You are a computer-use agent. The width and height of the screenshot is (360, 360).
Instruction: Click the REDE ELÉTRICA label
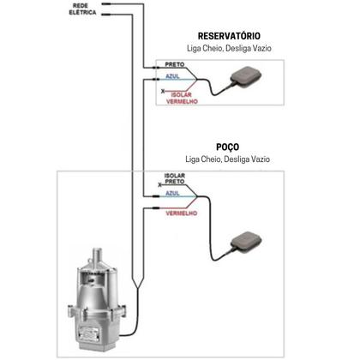pos(82,9)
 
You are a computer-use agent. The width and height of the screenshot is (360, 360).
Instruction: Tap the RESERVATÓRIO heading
pos(229,36)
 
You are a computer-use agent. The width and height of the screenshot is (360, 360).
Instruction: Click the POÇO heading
pos(227,147)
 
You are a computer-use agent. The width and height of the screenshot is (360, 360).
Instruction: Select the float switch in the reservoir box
pos(246,75)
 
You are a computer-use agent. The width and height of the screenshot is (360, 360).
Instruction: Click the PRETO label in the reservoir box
pos(175,64)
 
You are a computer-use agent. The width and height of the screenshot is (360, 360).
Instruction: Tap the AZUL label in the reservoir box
pos(172,76)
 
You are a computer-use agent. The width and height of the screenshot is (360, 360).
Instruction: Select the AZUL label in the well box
pos(172,194)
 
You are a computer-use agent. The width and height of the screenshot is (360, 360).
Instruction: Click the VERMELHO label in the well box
pos(182,213)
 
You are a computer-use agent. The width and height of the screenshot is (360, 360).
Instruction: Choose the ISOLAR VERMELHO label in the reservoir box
pos(182,98)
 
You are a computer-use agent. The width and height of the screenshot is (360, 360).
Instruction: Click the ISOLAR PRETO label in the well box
pos(175,178)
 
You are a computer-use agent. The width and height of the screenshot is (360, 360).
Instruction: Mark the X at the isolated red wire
pos(163,92)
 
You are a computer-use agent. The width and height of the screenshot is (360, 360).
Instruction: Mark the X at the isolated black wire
pos(159,185)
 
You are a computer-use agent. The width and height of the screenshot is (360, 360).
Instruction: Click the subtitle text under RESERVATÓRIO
pos(229,48)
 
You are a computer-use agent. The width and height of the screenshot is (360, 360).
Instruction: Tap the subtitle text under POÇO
pos(227,159)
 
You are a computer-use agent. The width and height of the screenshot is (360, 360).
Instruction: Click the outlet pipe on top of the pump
pos(97,256)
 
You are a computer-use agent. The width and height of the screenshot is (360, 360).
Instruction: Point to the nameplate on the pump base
pos(89,333)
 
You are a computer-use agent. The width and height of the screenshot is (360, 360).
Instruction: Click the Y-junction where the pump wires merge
pos(138,288)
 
